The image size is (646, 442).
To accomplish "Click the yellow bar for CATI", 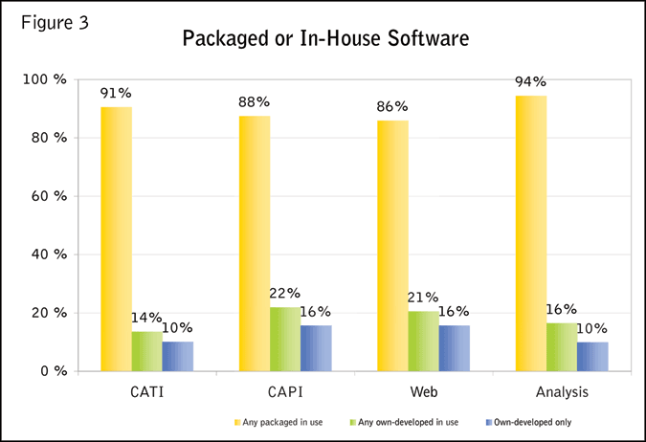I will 117,238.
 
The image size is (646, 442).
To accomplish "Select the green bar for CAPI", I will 285,339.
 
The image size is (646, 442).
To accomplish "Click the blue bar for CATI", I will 178,356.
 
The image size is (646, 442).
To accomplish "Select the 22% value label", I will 285,294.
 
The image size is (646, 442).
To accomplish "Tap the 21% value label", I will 423,298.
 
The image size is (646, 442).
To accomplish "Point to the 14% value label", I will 146,318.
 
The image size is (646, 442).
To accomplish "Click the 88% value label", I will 256,101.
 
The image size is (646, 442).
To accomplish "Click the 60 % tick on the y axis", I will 45,196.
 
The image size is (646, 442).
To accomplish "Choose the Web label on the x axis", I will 423,392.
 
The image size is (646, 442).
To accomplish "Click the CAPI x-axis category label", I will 285,392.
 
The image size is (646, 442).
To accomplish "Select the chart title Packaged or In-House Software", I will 323,41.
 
